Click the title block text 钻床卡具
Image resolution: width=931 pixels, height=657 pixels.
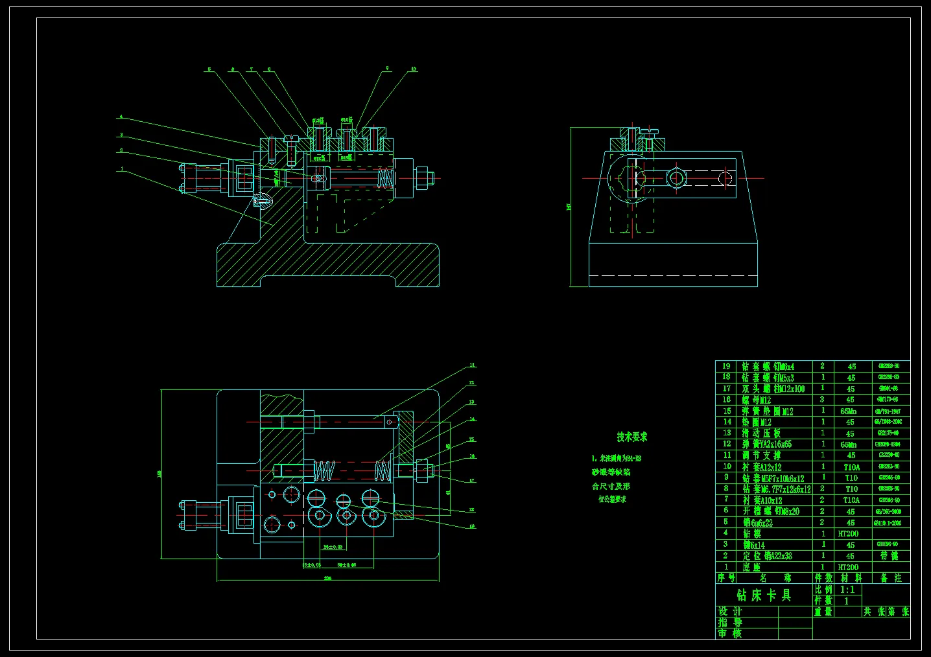tap(764, 595)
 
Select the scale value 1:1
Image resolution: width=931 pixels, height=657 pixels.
tap(847, 590)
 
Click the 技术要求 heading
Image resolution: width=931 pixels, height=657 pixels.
tap(631, 437)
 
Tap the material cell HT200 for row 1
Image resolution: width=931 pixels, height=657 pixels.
tap(848, 567)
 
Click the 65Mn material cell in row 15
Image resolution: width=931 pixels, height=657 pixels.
tap(848, 411)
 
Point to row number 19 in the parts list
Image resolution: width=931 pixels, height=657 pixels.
tap(726, 366)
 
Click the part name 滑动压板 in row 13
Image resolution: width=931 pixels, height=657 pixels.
tap(761, 433)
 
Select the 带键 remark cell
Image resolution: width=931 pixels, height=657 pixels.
tap(889, 556)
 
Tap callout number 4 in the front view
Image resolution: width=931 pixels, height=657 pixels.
tap(121, 117)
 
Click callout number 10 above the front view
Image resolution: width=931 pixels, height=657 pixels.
tap(414, 69)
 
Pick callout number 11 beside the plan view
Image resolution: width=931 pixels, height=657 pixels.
tap(472, 365)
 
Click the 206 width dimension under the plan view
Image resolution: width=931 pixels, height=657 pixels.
tap(327, 578)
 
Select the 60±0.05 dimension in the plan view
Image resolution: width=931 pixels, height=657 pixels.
tap(347, 565)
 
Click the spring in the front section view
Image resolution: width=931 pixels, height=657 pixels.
tap(385, 179)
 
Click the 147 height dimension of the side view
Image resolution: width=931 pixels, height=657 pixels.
tap(569, 207)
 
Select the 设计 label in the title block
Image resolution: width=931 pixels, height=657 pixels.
tap(730, 611)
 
